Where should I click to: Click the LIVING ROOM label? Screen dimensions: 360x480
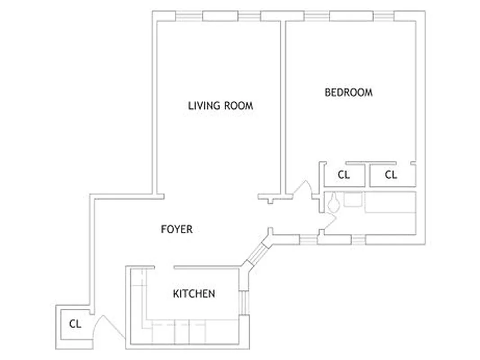220,106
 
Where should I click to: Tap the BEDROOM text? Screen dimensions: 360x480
349,92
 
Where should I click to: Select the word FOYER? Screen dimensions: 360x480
177,229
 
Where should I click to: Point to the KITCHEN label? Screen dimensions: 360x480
194,294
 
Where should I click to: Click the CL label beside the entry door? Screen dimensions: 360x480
75,324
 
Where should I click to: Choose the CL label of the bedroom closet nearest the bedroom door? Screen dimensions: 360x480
344,175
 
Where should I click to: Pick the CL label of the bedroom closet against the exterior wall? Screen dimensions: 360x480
391,175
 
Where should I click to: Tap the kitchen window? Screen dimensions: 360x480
243,302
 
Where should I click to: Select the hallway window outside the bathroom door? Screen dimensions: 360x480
308,239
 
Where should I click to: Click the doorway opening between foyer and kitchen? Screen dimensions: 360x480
164,268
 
